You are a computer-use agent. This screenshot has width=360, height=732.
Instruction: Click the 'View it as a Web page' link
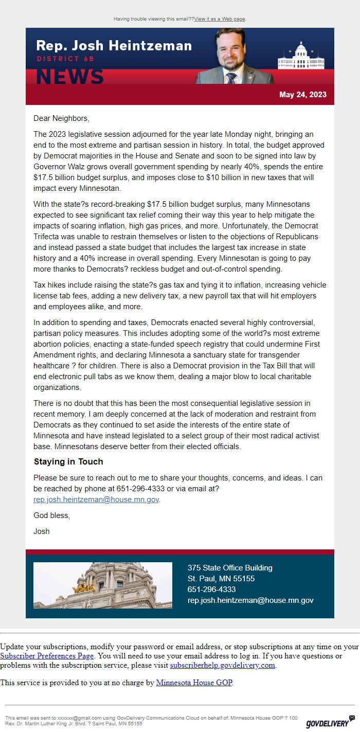(220, 19)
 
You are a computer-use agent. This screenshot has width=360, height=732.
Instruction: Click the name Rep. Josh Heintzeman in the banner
(114, 45)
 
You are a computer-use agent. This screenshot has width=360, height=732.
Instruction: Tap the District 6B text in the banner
(65, 59)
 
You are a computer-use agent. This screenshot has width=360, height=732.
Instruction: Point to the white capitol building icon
(301, 56)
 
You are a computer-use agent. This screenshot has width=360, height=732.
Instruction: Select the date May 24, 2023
(302, 95)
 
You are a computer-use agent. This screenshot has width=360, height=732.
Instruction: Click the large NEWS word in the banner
(70, 76)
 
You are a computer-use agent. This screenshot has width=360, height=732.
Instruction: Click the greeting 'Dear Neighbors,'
(61, 118)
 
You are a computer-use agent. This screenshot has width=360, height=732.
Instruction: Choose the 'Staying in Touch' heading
(68, 461)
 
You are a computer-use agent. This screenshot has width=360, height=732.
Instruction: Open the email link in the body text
(96, 499)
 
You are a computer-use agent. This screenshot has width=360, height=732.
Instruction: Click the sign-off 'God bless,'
(51, 515)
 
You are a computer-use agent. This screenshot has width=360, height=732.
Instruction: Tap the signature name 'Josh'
(42, 531)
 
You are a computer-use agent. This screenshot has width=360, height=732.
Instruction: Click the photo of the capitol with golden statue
(103, 585)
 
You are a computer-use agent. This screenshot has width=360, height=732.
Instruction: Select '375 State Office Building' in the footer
(230, 568)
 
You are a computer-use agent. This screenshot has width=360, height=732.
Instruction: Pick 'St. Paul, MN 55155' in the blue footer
(221, 579)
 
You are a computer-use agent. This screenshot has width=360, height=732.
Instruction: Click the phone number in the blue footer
(211, 590)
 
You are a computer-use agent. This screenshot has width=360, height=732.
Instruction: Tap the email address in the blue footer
(250, 600)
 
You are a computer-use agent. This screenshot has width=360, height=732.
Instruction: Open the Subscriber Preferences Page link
(47, 656)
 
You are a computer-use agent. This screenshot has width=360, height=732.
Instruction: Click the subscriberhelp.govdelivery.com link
(223, 665)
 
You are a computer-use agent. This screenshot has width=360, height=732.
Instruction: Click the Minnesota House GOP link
(194, 683)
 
